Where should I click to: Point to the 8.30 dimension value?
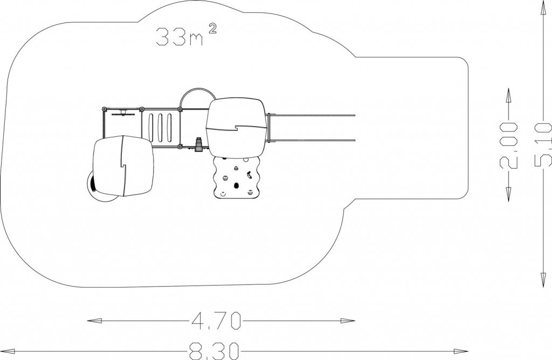(x=213, y=350)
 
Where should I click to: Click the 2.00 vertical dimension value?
(x=509, y=145)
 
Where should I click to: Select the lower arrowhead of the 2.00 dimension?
(x=509, y=194)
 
